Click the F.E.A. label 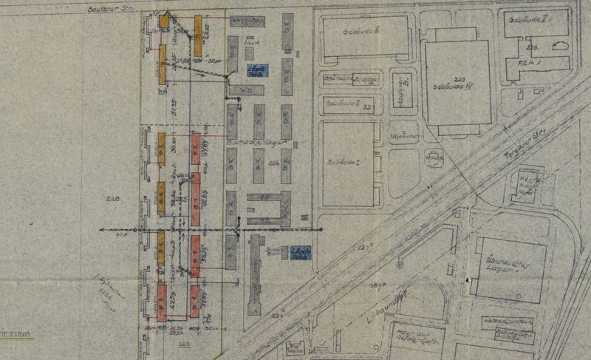click(526, 63)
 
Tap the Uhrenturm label click(403, 135)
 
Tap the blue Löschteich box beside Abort click(257, 71)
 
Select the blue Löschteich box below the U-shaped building click(298, 251)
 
